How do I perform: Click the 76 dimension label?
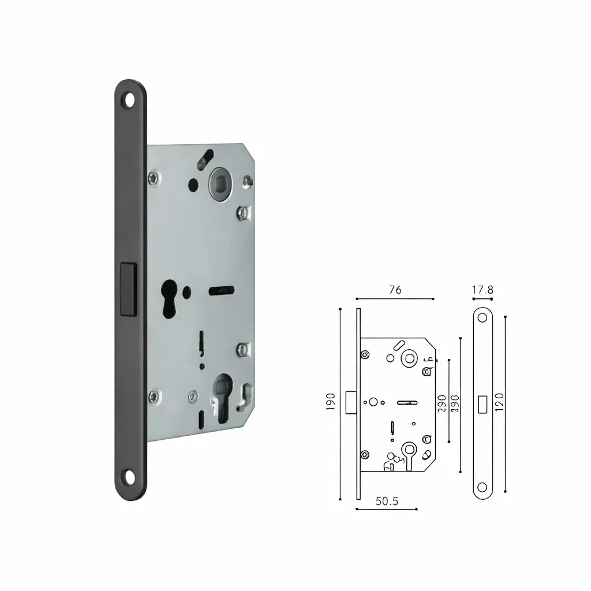click(395, 290)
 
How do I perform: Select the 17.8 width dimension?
click(482, 290)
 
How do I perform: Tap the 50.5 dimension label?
click(387, 501)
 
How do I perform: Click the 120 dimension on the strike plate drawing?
click(499, 401)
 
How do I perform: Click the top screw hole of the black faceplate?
click(129, 100)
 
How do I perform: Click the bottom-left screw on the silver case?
click(154, 395)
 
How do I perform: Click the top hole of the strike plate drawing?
click(482, 319)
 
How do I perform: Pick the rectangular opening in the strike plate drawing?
click(482, 403)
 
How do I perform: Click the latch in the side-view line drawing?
click(350, 402)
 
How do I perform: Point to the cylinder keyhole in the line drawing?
click(410, 449)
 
